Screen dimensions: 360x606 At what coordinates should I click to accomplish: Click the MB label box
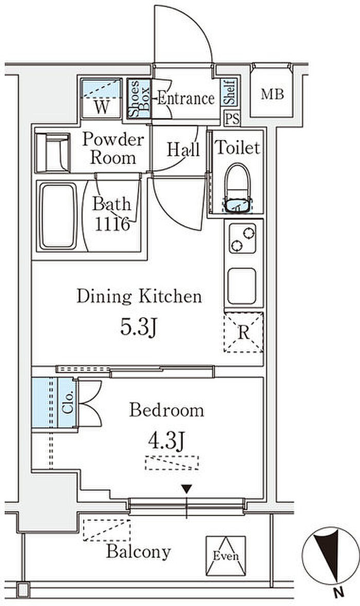coord(272,94)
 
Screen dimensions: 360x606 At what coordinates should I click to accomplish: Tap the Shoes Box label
coord(139,99)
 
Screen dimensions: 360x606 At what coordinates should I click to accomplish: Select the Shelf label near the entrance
coord(229,92)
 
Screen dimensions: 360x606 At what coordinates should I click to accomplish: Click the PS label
coord(232,118)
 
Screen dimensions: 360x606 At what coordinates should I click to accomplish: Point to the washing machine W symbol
coord(102,107)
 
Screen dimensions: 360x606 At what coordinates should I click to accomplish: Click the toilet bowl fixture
coord(238,188)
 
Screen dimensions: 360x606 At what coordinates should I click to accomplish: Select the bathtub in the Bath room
coord(59,216)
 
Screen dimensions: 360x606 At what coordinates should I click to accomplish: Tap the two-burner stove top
coord(242,239)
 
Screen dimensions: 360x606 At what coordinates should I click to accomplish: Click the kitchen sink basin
coord(242,286)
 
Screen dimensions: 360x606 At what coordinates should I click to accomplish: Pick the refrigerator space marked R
coord(243,332)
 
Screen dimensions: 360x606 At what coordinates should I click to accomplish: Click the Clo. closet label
coord(68,402)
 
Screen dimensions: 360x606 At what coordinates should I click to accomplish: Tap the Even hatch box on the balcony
coord(226,556)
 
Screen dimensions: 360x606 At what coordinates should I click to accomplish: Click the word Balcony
coord(138,551)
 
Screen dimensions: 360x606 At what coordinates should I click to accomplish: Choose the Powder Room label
coord(113,148)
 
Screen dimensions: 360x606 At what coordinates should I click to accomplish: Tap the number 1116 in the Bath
coord(112,224)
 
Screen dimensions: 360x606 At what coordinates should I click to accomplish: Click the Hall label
coord(183,149)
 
